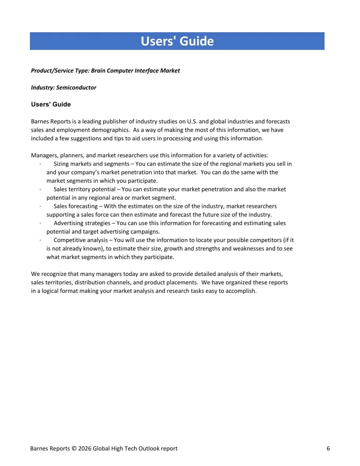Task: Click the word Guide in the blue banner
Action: (197, 41)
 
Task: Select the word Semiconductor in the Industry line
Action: (76, 88)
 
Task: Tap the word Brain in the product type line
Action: (99, 71)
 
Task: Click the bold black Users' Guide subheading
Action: (51, 104)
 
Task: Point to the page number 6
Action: (328, 449)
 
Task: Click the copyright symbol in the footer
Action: (74, 449)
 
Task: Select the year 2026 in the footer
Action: (85, 449)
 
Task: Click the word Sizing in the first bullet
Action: (61, 164)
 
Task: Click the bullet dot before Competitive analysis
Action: (40, 240)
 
